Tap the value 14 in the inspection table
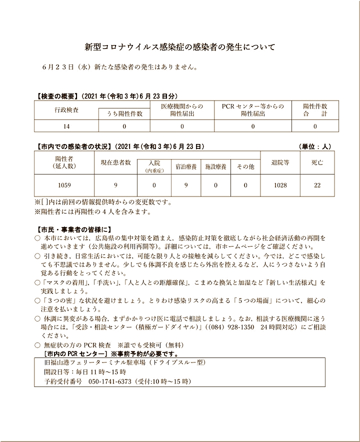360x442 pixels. pos(66,126)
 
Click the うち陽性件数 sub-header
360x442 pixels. pos(124,114)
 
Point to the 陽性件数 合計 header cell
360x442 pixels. pos(315,110)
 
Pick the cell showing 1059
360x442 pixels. pos(64,185)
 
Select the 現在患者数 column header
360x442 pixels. pos(115,162)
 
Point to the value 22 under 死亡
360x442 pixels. pos(317,185)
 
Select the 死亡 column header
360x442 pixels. pos(317,162)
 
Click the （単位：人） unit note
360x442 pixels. pos(315,146)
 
